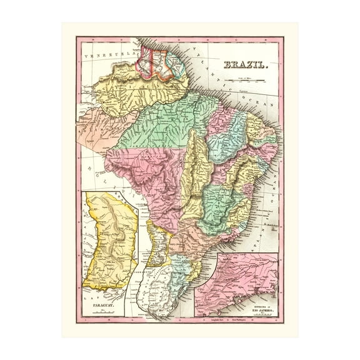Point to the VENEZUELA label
110,55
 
